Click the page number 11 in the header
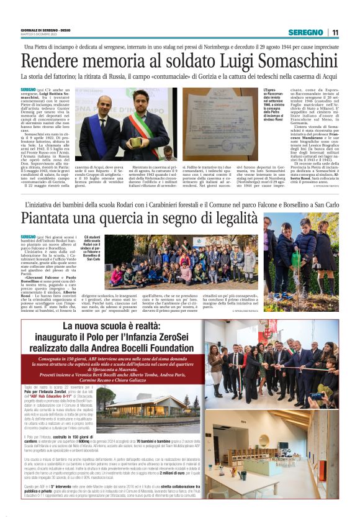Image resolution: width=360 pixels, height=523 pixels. [x=335, y=32]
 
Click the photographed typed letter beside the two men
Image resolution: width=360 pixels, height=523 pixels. [x=219, y=124]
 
